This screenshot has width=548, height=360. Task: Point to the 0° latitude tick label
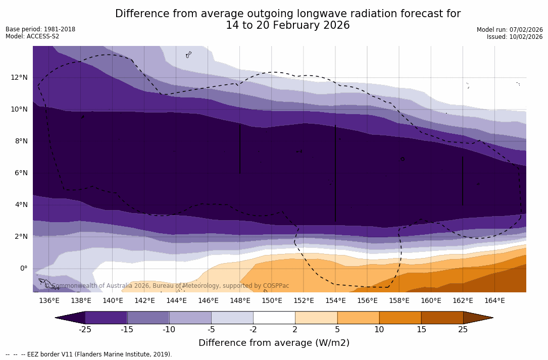(24, 269)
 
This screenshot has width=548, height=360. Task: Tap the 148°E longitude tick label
(240, 301)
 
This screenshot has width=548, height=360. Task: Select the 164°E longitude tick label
(494, 301)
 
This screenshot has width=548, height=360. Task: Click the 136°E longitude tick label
(49, 301)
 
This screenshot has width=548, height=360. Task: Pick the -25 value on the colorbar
(85, 330)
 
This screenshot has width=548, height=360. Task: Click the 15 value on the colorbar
(421, 330)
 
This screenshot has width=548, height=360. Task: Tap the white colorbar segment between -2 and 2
(274, 318)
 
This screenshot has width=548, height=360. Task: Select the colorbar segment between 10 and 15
(400, 318)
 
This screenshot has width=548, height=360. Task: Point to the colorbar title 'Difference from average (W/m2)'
(274, 343)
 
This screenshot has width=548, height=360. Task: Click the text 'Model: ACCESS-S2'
(32, 36)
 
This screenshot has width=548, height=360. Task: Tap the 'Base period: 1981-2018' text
(40, 29)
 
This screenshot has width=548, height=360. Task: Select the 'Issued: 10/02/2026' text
(515, 37)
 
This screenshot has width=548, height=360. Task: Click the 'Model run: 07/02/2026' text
(510, 30)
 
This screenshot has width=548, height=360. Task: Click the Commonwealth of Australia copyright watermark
(167, 286)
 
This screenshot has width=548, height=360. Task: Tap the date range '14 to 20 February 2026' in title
(287, 26)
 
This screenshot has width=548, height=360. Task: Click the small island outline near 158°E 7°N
(403, 159)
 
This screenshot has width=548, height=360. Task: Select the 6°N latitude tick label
(21, 173)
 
